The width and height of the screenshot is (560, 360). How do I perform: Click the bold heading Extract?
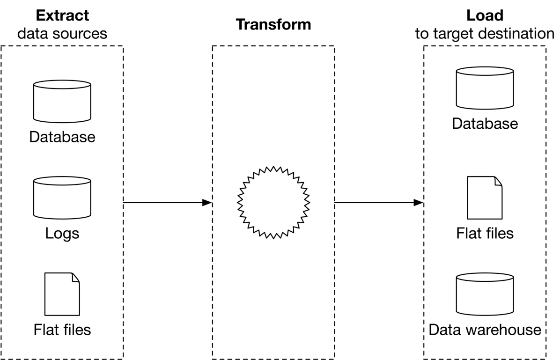pyautogui.click(x=62, y=15)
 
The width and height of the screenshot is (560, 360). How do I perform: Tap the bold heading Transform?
pyautogui.click(x=273, y=25)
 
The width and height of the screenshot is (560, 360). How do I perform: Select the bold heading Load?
pyautogui.click(x=485, y=15)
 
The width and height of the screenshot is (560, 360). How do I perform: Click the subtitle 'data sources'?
pyautogui.click(x=62, y=34)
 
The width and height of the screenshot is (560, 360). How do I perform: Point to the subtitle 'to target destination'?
pyautogui.click(x=485, y=34)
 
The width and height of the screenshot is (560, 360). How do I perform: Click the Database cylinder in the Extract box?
pyautogui.click(x=62, y=101)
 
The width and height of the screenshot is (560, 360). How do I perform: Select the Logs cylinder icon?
pyautogui.click(x=62, y=198)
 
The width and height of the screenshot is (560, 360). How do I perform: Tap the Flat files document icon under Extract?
pyautogui.click(x=62, y=294)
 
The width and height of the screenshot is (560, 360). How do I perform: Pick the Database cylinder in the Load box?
pyautogui.click(x=485, y=88)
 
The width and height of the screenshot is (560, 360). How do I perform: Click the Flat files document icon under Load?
pyautogui.click(x=485, y=198)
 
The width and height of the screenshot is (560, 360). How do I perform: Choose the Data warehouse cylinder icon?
pyautogui.click(x=485, y=294)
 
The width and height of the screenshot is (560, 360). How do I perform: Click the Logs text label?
pyautogui.click(x=62, y=234)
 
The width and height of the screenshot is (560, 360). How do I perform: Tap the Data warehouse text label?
pyautogui.click(x=485, y=330)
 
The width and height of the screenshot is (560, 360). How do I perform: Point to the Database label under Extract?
pyautogui.click(x=62, y=137)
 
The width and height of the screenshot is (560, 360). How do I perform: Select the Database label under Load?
pyautogui.click(x=485, y=124)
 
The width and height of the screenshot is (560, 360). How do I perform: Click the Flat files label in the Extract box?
pyautogui.click(x=62, y=330)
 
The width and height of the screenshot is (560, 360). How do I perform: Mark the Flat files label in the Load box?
pyautogui.click(x=485, y=233)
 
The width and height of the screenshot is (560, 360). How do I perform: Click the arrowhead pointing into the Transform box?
pyautogui.click(x=207, y=203)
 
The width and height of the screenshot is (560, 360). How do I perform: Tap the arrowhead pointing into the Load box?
pyautogui.click(x=419, y=203)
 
